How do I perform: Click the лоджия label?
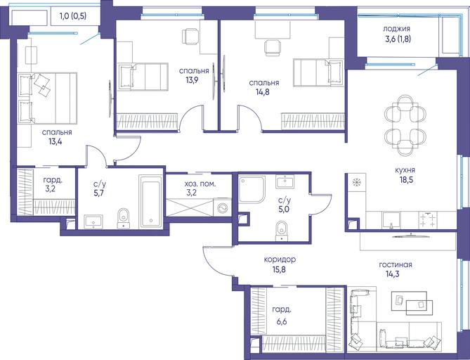(x=396, y=29)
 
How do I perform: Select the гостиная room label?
(x=396, y=265)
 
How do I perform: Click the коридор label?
(x=280, y=259)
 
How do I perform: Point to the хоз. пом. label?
(x=200, y=184)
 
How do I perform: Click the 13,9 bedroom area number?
(x=192, y=80)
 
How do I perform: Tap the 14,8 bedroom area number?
(x=262, y=92)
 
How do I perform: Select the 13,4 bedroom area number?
(x=56, y=141)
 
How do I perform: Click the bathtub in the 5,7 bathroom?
(x=151, y=202)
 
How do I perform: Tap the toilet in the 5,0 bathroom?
(x=281, y=231)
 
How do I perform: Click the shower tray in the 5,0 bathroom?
(x=252, y=189)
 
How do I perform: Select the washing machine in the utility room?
(x=222, y=207)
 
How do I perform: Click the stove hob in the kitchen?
(x=428, y=221)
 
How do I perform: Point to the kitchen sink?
(x=391, y=221)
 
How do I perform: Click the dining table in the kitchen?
(x=405, y=125)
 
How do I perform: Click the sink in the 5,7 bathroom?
(x=93, y=221)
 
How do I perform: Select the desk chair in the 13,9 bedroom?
(x=190, y=37)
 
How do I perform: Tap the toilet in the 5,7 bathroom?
(x=123, y=219)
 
